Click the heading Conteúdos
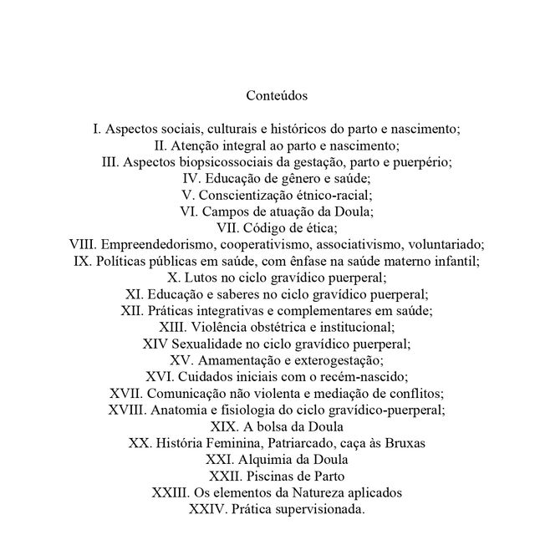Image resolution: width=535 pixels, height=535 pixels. coord(277,96)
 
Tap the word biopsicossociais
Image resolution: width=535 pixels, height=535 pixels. coord(220,162)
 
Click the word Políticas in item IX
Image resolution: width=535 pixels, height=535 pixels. coord(122,261)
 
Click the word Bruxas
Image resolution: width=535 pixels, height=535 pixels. coord(405,441)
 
